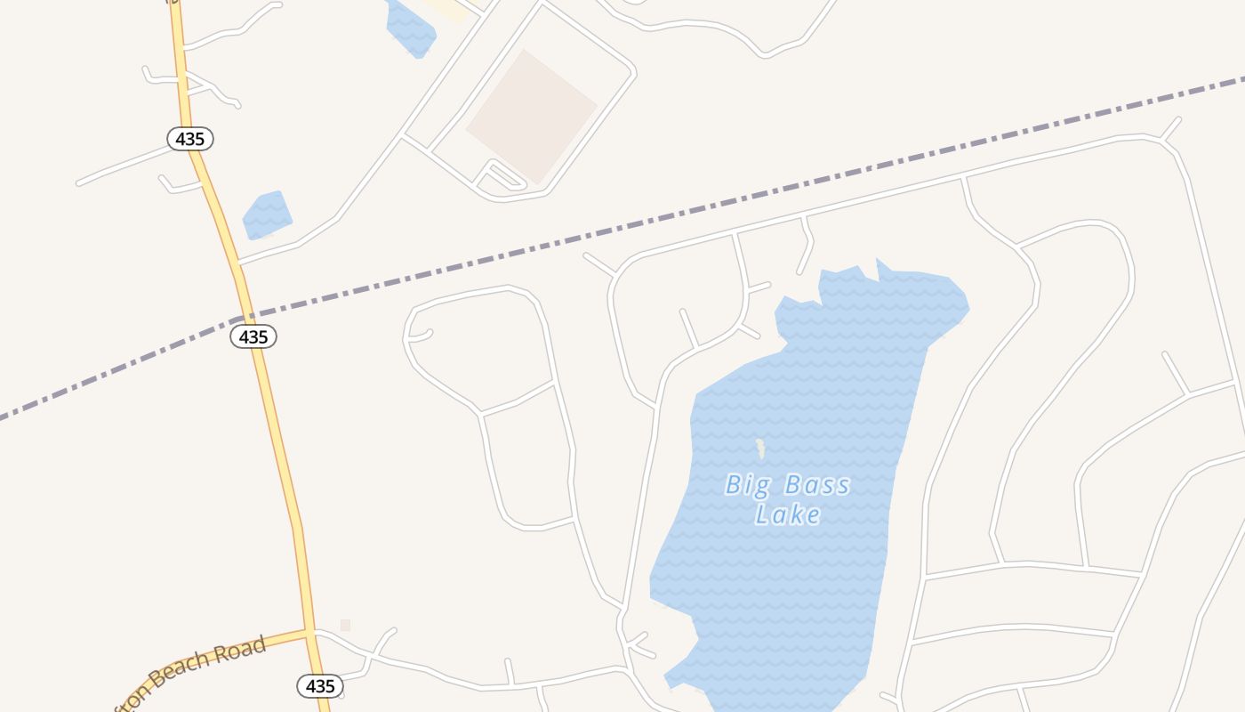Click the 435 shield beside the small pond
(x=190, y=139)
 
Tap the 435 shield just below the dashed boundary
(x=253, y=336)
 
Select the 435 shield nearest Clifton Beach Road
(x=319, y=686)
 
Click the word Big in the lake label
(x=745, y=486)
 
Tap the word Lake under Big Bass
(x=788, y=514)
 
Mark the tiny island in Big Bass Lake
(x=760, y=448)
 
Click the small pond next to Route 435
(x=267, y=214)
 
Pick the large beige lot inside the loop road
(x=532, y=116)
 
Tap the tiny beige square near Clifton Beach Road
(x=345, y=626)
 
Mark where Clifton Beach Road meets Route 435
(x=309, y=632)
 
